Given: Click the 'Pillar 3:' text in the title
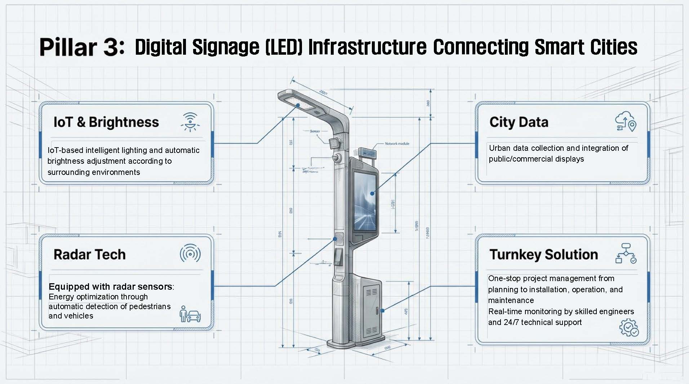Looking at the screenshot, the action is pos(82,47).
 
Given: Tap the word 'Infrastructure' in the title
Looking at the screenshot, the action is pos(367,47).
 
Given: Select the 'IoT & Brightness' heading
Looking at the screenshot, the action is pos(106,122).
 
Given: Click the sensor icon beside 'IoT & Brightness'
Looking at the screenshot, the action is pos(190,122).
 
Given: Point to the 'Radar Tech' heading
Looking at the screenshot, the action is pos(89,254).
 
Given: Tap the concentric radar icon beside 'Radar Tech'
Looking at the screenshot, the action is pos(190,254).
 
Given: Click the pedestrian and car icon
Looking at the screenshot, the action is pos(190,315).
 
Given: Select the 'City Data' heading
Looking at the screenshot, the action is pos(519,122).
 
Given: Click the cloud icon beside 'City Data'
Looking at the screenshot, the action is pos(626,121).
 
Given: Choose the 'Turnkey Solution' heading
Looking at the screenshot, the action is pos(543,254).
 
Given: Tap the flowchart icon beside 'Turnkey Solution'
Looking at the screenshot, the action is pos(626,253).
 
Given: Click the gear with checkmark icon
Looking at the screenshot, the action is pos(629,327).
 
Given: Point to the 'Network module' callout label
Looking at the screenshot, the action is pos(397,144).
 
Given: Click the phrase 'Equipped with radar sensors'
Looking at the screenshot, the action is pos(110,286).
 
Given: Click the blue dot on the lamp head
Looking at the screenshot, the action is pos(298,105).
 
